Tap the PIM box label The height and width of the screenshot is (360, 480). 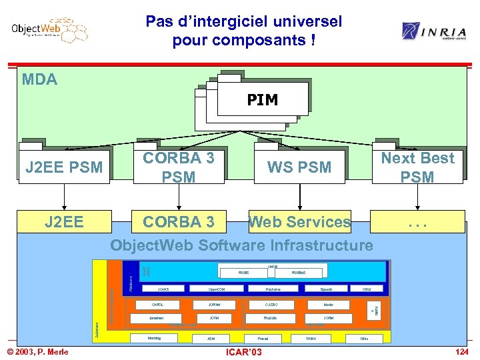(262, 100)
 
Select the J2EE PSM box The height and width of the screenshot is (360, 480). (64, 167)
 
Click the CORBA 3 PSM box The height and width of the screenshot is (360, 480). (179, 167)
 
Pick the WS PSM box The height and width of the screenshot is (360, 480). (299, 167)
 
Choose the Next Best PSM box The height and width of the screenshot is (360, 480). (417, 167)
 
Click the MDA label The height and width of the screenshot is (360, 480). (39, 80)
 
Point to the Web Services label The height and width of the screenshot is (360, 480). (299, 221)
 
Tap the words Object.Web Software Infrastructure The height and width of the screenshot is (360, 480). (241, 245)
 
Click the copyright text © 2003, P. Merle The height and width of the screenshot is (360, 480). (38, 351)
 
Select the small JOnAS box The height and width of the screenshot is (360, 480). (163, 289)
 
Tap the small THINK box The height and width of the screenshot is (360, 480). (311, 339)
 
